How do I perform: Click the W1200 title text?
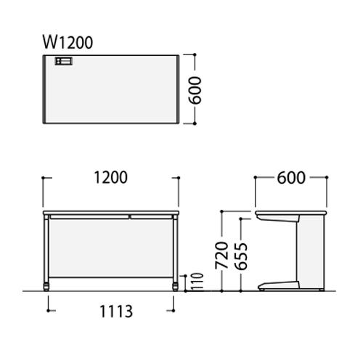pyautogui.click(x=68, y=43)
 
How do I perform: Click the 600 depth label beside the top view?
pyautogui.click(x=195, y=90)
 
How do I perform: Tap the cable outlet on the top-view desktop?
pyautogui.click(x=64, y=61)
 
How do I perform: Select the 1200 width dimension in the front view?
pyautogui.click(x=110, y=178)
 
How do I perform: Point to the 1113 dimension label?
pyautogui.click(x=116, y=311)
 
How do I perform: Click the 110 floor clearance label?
pyautogui.click(x=197, y=282)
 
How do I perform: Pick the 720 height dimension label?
pyautogui.click(x=221, y=255)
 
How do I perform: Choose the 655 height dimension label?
pyautogui.click(x=241, y=256)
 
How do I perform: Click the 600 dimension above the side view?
pyautogui.click(x=291, y=178)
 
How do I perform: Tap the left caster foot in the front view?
pyautogui.click(x=46, y=287)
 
